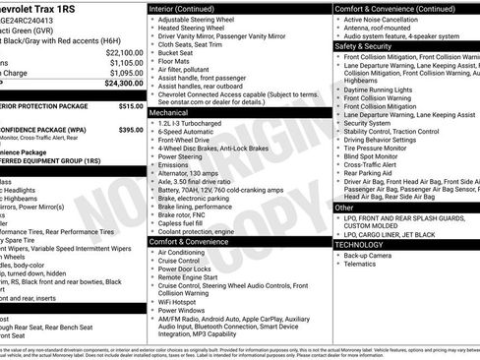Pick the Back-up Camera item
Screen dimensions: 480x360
tap(369, 255)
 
